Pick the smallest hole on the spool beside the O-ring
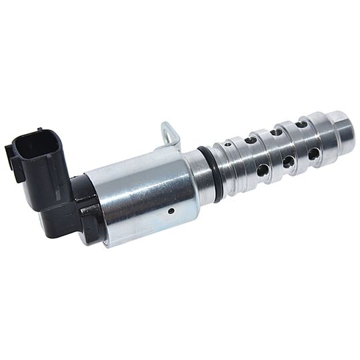[x=228, y=144]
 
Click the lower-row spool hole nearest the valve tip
[x=313, y=154]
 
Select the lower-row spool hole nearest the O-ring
[x=263, y=170]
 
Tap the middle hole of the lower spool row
[x=288, y=162]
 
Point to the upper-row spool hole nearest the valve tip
[x=301, y=124]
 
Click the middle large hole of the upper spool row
[x=275, y=132]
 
